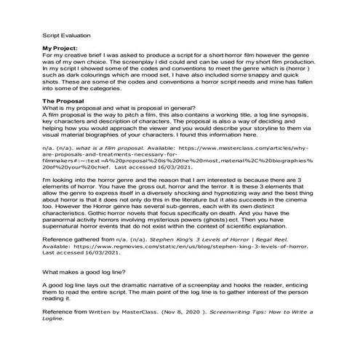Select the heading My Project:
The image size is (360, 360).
(63, 47)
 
